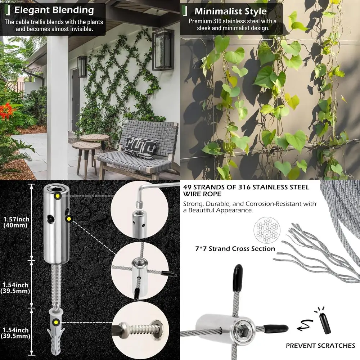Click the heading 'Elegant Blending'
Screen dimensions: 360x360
click(x=54, y=10)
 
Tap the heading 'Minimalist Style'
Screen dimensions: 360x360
click(x=230, y=11)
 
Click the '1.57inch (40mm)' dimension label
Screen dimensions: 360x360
click(x=16, y=222)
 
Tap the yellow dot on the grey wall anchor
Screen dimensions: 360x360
click(x=56, y=322)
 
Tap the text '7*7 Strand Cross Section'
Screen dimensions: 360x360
click(x=234, y=249)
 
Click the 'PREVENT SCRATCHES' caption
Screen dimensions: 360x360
click(x=320, y=346)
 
